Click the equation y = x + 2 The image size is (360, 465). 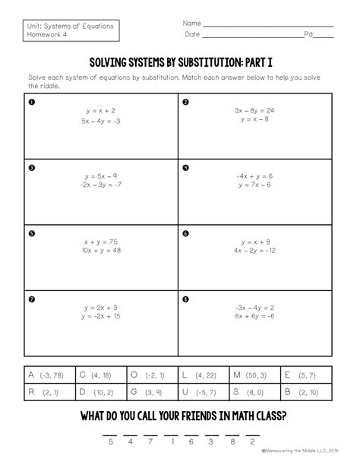tap(101, 110)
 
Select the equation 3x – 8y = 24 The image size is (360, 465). tap(254, 110)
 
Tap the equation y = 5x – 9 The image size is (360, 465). tap(101, 176)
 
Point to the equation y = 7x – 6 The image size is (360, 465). tap(254, 185)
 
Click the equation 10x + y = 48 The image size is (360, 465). tap(101, 250)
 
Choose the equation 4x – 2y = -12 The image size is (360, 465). tap(254, 250)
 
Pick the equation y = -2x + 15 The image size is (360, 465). tap(101, 315)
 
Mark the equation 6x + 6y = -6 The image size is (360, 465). tap(254, 315)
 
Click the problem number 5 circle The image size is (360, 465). tap(31, 232)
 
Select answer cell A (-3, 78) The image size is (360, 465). tap(49, 375)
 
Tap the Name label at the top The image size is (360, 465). tap(191, 24)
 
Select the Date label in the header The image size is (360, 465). tap(191, 35)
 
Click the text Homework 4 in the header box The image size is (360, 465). tap(52, 35)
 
